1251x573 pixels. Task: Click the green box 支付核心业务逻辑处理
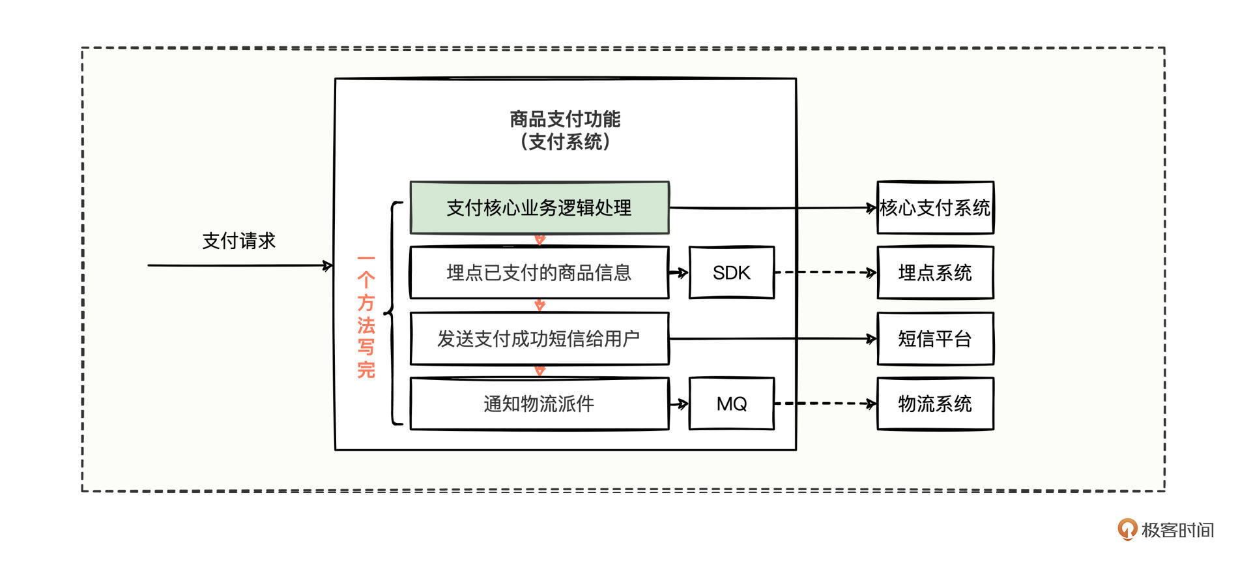tap(539, 208)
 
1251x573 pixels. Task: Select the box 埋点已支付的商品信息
tap(539, 272)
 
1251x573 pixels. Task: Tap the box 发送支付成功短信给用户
tap(539, 339)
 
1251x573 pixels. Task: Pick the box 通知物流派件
tap(539, 404)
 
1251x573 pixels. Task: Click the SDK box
tap(732, 272)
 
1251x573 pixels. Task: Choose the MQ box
tap(732, 404)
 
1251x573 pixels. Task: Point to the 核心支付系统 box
tap(935, 208)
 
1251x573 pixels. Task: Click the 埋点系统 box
tap(935, 272)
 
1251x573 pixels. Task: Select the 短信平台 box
tap(935, 339)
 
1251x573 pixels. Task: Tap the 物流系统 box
tap(935, 404)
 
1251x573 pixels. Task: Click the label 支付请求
tap(239, 241)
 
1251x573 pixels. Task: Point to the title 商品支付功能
tap(565, 119)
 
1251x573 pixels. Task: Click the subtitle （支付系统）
tap(565, 141)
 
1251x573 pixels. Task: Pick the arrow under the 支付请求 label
tap(239, 265)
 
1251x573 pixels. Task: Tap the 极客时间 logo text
tap(1177, 530)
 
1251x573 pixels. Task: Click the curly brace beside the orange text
tap(393, 314)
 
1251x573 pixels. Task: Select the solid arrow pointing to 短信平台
tap(773, 339)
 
